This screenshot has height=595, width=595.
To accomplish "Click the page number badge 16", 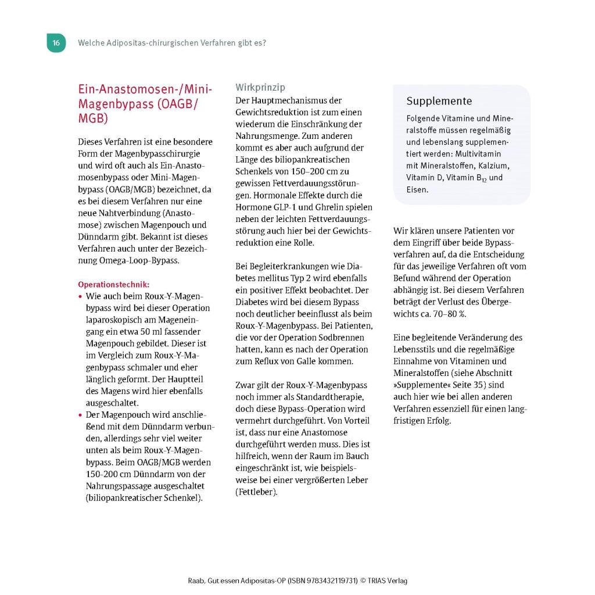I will pyautogui.click(x=56, y=43).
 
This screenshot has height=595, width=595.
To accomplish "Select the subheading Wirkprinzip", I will pyautogui.click(x=260, y=87).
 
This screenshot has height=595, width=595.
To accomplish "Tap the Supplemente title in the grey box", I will pyautogui.click(x=439, y=101).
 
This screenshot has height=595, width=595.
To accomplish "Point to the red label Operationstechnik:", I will pyautogui.click(x=113, y=285).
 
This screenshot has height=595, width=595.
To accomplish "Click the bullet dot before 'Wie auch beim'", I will pyautogui.click(x=80, y=296).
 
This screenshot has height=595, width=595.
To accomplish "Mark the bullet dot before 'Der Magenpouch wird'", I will pyautogui.click(x=80, y=415).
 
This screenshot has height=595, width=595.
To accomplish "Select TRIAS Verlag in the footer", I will pyautogui.click(x=387, y=580).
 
